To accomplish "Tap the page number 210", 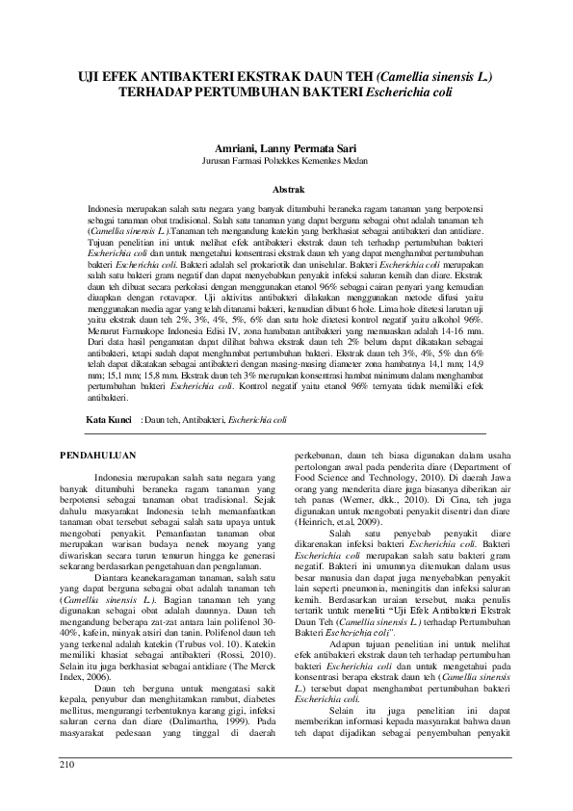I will (x=68, y=765).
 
